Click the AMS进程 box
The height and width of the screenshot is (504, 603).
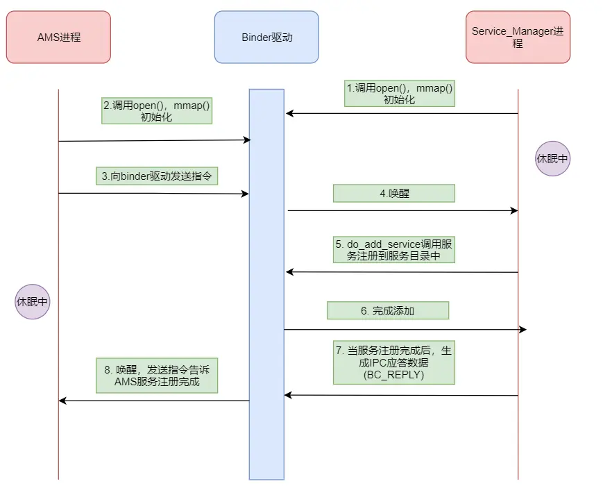(58, 37)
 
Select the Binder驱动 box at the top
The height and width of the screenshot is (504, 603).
(266, 37)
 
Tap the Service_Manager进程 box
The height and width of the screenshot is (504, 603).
(518, 37)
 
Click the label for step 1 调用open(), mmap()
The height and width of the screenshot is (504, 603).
(400, 93)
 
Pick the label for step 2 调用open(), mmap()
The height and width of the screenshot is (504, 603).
(156, 110)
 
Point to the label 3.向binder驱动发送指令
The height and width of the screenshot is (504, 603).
(156, 176)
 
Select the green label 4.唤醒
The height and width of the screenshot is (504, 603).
(393, 193)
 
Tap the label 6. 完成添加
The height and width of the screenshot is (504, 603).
(387, 310)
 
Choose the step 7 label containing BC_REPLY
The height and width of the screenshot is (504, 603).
(393, 361)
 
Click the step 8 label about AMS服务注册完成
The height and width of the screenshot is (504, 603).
(156, 376)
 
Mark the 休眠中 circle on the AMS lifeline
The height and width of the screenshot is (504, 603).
(33, 302)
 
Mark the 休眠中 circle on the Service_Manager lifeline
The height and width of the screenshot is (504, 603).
(552, 158)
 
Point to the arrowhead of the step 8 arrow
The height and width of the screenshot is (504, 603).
(62, 401)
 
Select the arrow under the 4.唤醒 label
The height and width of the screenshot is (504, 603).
(402, 210)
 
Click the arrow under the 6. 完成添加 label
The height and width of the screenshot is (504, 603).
(402, 329)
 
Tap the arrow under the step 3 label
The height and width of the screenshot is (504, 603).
(153, 194)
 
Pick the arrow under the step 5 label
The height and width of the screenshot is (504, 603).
(402, 272)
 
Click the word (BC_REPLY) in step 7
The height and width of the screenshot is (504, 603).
(393, 373)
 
